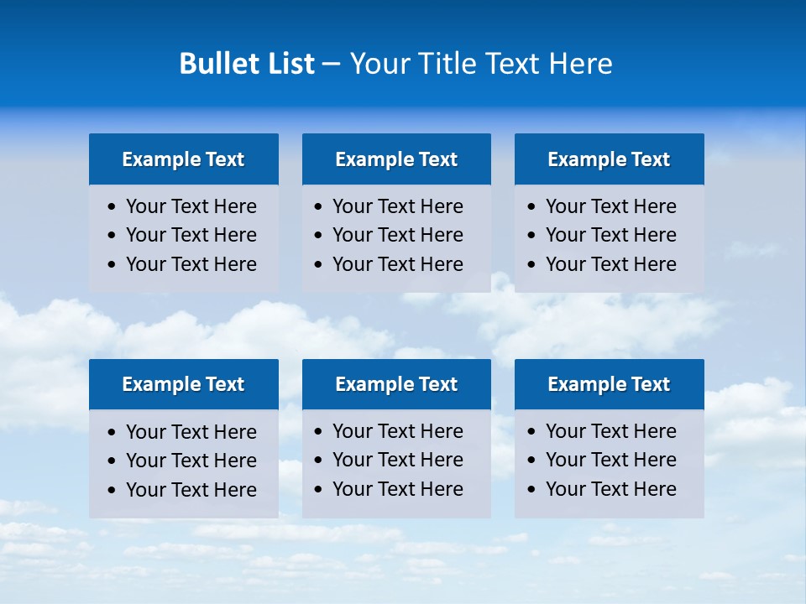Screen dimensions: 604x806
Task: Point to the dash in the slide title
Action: (331, 65)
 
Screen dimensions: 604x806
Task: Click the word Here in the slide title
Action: (580, 64)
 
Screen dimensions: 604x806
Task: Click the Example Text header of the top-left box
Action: (183, 159)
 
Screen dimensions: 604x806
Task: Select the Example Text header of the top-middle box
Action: (396, 159)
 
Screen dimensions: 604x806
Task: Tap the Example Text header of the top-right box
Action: (609, 159)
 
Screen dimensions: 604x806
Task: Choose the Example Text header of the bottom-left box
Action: (183, 384)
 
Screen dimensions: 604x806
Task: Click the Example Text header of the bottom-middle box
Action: (396, 384)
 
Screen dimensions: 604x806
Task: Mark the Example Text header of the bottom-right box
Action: (609, 384)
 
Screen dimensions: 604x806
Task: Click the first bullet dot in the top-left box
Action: (113, 207)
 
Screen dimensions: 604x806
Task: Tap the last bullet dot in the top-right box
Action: (532, 265)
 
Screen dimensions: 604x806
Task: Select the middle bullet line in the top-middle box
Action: (397, 235)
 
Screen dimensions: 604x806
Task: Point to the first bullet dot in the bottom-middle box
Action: (319, 432)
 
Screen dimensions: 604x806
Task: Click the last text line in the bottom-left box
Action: (191, 490)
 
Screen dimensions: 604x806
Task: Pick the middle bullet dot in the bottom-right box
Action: (532, 461)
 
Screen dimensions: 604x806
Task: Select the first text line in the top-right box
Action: (610, 206)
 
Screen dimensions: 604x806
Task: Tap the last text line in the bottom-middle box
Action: (397, 489)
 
